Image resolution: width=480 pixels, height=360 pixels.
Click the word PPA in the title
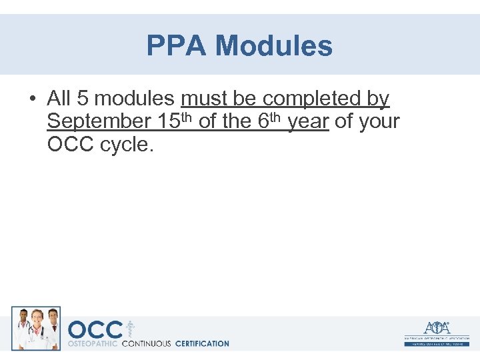[x=177, y=46]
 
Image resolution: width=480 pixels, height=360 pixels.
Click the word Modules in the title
[x=274, y=46]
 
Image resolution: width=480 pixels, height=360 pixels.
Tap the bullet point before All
[x=32, y=99]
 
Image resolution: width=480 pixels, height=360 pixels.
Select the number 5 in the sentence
[x=83, y=99]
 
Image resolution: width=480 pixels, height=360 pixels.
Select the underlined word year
[x=308, y=122]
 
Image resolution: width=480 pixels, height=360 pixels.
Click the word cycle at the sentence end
[x=127, y=145]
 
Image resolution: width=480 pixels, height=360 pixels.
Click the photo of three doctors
[x=36, y=328]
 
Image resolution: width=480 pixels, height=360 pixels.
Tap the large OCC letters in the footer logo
[x=95, y=329]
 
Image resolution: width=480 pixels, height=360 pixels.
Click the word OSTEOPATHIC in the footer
[x=93, y=344]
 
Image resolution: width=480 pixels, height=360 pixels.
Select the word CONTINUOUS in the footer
[x=146, y=344]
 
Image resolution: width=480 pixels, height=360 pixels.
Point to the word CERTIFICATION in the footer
[x=201, y=344]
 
